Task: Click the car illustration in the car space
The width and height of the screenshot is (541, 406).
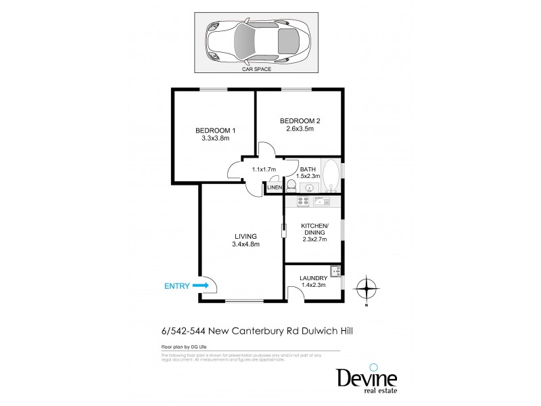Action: coord(258,41)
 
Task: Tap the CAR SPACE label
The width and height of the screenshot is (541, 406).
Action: coord(257,69)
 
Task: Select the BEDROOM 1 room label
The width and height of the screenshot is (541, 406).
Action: coord(216,130)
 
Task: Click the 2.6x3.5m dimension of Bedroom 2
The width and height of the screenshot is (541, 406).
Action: coord(300,130)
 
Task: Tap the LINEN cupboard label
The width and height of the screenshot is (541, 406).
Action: coord(275,187)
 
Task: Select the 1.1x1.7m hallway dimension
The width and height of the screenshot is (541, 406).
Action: coord(263,170)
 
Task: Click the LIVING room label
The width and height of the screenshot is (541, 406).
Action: coord(245,236)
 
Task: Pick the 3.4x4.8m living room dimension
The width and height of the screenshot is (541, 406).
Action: coord(245,244)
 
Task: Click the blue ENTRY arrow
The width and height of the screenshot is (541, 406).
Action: coord(200,286)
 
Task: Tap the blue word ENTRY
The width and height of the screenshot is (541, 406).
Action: coord(177,286)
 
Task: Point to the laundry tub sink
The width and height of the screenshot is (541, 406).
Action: coord(333,272)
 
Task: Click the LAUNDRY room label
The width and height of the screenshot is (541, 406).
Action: coord(312,277)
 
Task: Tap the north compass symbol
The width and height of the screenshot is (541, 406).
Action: coord(365,290)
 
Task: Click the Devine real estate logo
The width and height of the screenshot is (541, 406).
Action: coord(367,379)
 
